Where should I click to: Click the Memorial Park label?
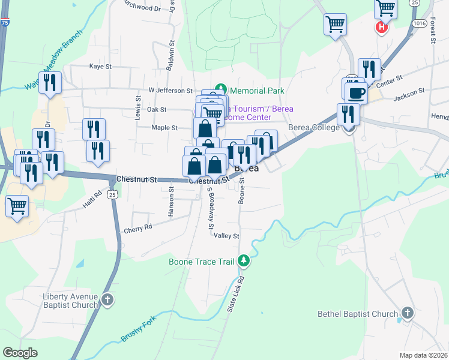(x=257, y=91)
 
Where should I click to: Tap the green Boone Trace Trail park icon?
(x=243, y=260)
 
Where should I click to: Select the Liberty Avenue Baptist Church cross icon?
(x=107, y=300)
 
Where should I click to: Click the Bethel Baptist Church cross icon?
(x=407, y=313)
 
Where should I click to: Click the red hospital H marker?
(x=381, y=27)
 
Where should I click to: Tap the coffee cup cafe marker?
(x=356, y=92)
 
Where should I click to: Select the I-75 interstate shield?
(x=5, y=22)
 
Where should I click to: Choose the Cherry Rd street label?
(x=138, y=228)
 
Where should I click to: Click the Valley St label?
(x=227, y=236)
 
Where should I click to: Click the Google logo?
(x=20, y=353)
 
